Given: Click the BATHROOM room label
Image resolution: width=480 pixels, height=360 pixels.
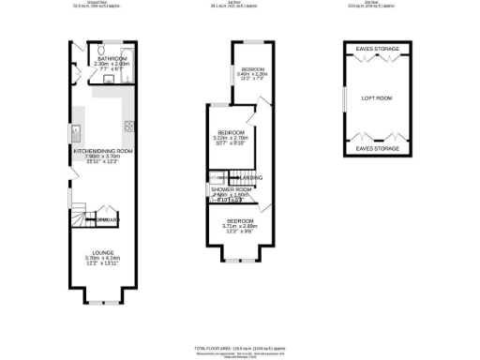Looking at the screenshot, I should [112, 57].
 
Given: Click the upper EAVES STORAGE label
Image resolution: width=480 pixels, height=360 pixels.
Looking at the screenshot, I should [377, 49].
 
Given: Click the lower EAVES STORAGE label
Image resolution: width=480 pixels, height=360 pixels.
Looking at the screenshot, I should [377, 149].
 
